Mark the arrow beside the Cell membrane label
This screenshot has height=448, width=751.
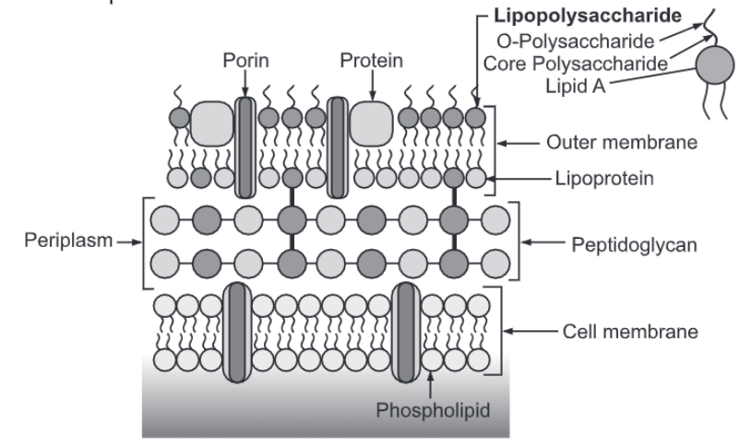pyautogui.click(x=536, y=329)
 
